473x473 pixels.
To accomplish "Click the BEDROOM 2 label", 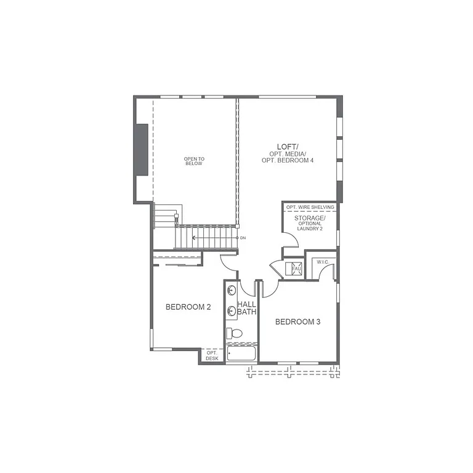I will point(188,307).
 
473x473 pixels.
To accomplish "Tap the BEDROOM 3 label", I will point(297,321).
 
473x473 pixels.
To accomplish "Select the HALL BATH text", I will point(247,308).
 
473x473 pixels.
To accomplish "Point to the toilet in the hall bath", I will point(233,334).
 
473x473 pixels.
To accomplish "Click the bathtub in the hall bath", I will point(241,354).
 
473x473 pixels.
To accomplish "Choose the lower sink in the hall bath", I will point(231,310).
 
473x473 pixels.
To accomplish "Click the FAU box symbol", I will point(295,269).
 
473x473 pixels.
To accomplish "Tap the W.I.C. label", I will point(323,262).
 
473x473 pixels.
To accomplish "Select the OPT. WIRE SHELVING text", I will point(310,208).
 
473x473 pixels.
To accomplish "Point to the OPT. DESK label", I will point(212,355).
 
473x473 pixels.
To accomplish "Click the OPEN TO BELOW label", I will point(194,161).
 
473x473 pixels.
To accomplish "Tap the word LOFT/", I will point(287,146).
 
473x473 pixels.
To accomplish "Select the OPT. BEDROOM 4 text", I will point(287,160).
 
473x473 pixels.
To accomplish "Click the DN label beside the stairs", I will point(243,238).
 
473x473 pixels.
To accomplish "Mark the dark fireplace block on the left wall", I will point(142,150).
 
